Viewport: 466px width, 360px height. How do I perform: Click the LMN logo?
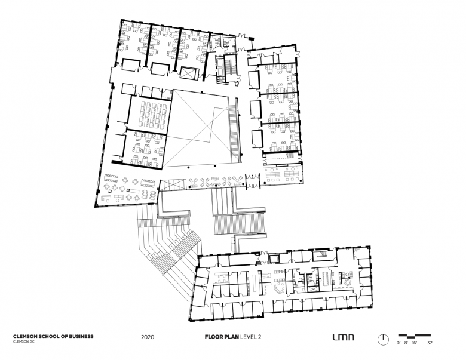tap(344, 337)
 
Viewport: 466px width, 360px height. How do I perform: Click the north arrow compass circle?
tap(383, 340)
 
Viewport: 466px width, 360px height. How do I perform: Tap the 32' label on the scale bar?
tap(430, 343)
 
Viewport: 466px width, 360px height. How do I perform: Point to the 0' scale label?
tap(398, 343)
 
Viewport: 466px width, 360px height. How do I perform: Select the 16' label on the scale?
tap(415, 343)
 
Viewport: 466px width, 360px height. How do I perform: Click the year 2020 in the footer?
tap(148, 337)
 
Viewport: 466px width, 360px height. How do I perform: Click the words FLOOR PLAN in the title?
tap(222, 337)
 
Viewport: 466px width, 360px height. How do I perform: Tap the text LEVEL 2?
tap(250, 337)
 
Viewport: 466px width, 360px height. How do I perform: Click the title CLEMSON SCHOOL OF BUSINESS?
tap(53, 336)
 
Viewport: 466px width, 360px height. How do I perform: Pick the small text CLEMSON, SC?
tap(23, 341)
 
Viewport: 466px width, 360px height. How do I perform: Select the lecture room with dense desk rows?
tap(151, 114)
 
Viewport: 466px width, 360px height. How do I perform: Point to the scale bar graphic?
tap(415, 336)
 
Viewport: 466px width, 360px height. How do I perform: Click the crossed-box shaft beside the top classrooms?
tap(189, 73)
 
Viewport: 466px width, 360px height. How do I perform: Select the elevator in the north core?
tap(220, 67)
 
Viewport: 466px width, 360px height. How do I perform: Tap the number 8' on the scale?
tap(406, 343)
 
